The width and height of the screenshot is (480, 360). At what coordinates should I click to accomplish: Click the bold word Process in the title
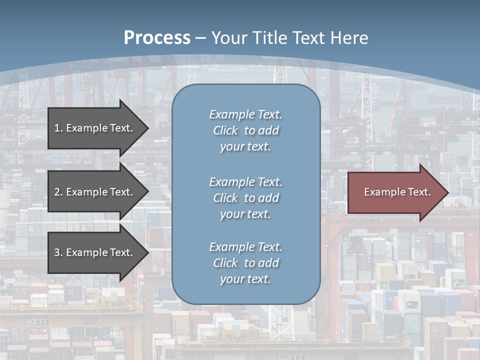[x=157, y=38]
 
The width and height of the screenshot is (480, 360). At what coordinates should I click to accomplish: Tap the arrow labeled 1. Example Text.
[x=93, y=128]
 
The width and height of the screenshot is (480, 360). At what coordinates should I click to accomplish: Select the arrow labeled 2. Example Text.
[x=93, y=192]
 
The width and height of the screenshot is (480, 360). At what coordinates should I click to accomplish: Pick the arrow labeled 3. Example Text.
[x=93, y=252]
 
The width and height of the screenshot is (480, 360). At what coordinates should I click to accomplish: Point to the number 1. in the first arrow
[x=58, y=128]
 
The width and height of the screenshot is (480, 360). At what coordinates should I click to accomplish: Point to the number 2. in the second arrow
[x=58, y=192]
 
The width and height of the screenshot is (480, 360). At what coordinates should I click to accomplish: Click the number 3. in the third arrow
[x=58, y=252]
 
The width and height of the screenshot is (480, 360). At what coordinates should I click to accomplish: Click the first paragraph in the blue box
[x=245, y=130]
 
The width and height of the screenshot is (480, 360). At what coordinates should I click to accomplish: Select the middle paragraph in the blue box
[x=245, y=198]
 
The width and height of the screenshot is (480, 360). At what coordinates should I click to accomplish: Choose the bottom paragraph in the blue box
[x=245, y=263]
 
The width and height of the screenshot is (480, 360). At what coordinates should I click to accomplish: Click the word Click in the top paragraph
[x=225, y=130]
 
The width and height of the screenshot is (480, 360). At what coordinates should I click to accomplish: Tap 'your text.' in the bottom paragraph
[x=245, y=279]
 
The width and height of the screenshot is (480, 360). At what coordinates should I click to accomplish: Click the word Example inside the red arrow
[x=381, y=192]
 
